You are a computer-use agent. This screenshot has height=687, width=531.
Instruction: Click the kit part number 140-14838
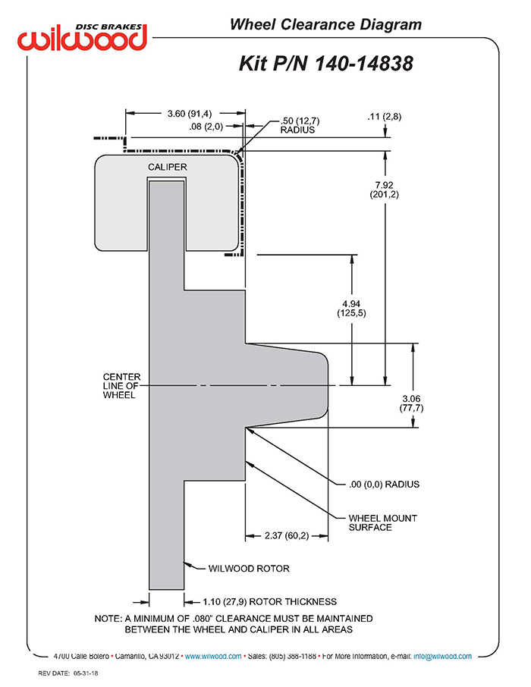[364, 64]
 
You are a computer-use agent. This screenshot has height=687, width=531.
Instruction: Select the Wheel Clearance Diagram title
[325, 24]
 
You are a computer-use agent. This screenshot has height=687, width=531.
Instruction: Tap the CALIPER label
[168, 167]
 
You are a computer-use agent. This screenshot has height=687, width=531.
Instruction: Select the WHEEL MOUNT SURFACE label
[383, 522]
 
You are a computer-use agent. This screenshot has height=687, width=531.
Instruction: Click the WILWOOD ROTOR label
[249, 569]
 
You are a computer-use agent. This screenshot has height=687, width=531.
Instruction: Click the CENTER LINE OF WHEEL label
[121, 385]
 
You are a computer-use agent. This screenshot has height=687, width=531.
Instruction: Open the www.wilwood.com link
[213, 657]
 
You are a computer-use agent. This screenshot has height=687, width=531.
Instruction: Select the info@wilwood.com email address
[442, 657]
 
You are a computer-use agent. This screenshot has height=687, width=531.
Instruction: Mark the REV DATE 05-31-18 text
[68, 673]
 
